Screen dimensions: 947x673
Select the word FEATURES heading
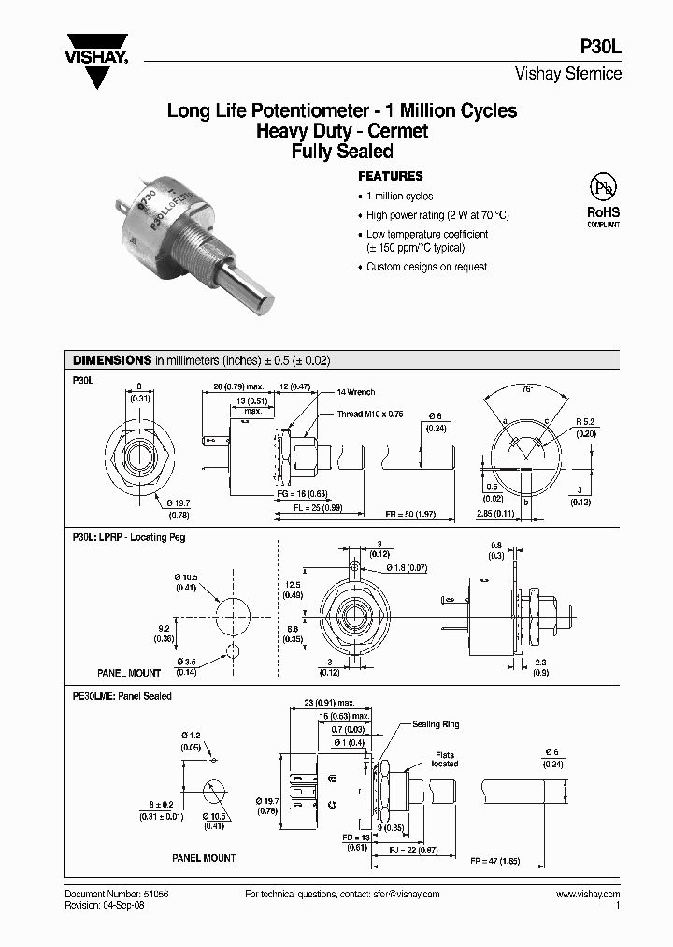click(391, 176)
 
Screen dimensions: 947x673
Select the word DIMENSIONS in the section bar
click(112, 360)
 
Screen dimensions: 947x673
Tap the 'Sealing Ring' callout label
click(435, 724)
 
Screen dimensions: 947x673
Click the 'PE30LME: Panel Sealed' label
click(122, 696)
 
